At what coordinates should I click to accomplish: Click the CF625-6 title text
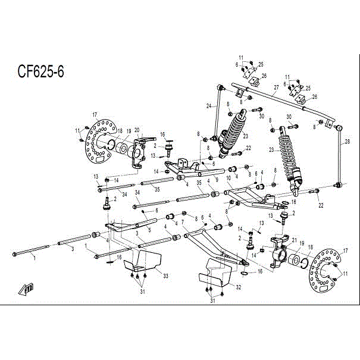pyautogui.click(x=41, y=71)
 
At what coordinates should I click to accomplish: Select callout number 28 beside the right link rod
pyautogui.click(x=348, y=142)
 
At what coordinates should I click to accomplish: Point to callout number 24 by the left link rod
pyautogui.click(x=209, y=107)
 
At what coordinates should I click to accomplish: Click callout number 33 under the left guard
pyautogui.click(x=165, y=276)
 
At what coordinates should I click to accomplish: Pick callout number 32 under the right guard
pyautogui.click(x=238, y=287)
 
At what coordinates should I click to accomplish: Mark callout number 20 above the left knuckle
pyautogui.click(x=136, y=130)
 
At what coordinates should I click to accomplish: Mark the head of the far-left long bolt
pyautogui.click(x=15, y=255)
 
